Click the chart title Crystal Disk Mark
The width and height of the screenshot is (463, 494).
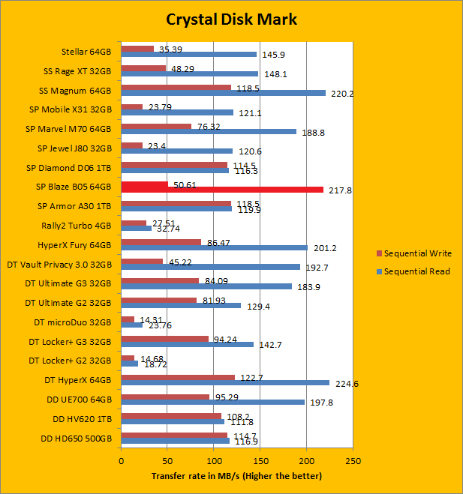pos(231,19)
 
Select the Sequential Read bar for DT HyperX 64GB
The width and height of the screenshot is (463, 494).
pos(224,382)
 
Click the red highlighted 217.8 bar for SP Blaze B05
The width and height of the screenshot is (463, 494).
pos(222,190)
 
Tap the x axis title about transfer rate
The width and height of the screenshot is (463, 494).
pos(236,476)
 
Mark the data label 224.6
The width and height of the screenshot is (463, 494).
pos(343,383)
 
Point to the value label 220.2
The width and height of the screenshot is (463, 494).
pos(340,94)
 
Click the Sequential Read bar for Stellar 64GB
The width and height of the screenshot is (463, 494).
pos(188,54)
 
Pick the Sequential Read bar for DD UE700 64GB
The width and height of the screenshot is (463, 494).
pos(212,401)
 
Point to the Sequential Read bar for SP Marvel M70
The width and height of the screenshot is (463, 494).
pos(209,131)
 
